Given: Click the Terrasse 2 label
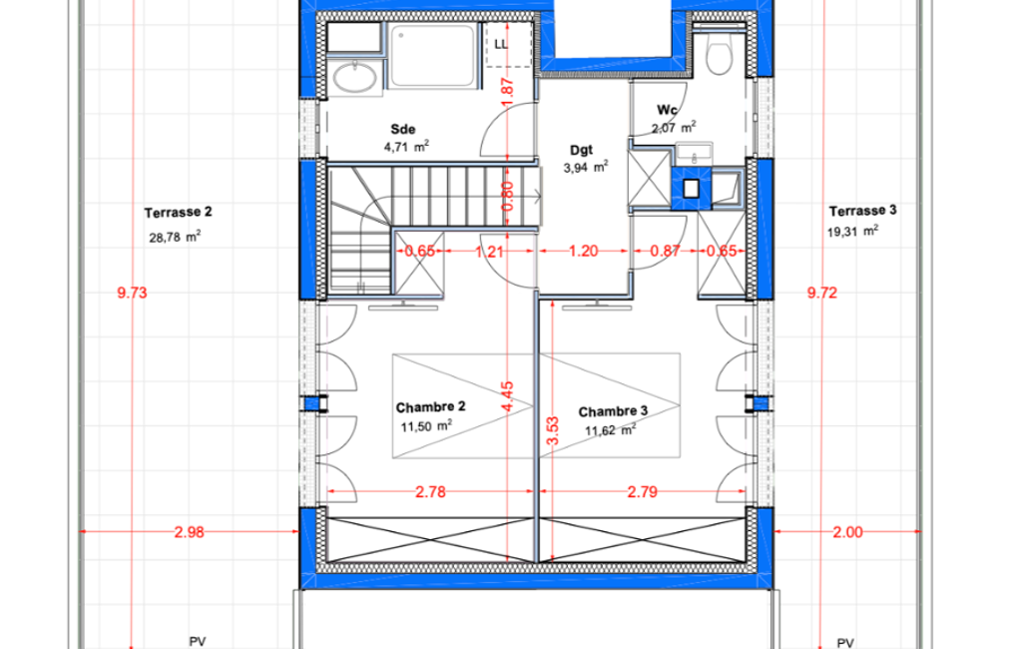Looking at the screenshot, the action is click(x=178, y=213).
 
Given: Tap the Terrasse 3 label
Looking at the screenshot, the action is click(x=862, y=211).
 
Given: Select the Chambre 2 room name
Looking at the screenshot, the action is click(x=430, y=406).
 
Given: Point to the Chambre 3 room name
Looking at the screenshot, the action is click(x=613, y=411).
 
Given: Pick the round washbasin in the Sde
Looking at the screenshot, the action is click(x=354, y=78).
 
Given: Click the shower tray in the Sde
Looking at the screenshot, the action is click(x=432, y=55).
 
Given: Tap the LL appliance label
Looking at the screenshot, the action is click(x=501, y=44).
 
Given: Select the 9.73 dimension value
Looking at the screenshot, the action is click(x=133, y=293).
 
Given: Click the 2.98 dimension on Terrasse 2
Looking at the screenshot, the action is click(x=190, y=532).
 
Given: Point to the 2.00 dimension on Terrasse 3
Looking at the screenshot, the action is click(x=847, y=532).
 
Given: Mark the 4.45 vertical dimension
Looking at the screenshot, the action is click(x=508, y=397).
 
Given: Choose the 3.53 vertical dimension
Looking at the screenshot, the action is click(x=553, y=431).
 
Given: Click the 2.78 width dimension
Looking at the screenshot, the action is click(x=430, y=491).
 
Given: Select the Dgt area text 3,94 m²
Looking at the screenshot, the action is click(x=586, y=167).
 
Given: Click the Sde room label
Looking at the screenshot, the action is click(x=403, y=129).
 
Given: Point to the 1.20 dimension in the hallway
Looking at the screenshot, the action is click(x=583, y=251).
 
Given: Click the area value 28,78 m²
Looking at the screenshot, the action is click(x=175, y=237).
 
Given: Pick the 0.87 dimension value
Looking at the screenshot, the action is click(x=666, y=251).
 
